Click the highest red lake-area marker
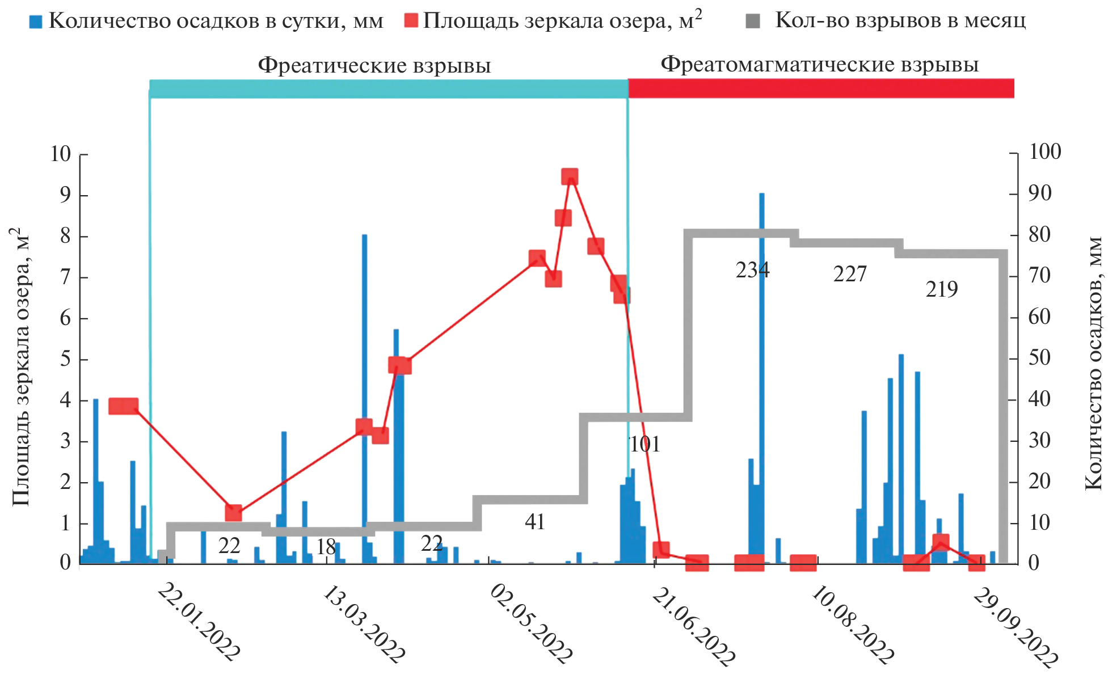[x=570, y=176]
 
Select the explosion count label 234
[x=752, y=270]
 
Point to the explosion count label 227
[x=850, y=275]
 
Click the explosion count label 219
[x=942, y=290]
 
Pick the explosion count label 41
[x=535, y=522]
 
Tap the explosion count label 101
[x=645, y=444]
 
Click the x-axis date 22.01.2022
[x=198, y=623]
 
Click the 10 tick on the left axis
[x=60, y=154]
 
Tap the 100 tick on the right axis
[x=1044, y=151]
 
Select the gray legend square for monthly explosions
[x=753, y=22]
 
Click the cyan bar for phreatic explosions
[x=389, y=88]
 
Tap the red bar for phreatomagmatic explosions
[x=821, y=88]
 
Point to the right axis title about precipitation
[x=1093, y=363]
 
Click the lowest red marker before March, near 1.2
[x=233, y=513]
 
